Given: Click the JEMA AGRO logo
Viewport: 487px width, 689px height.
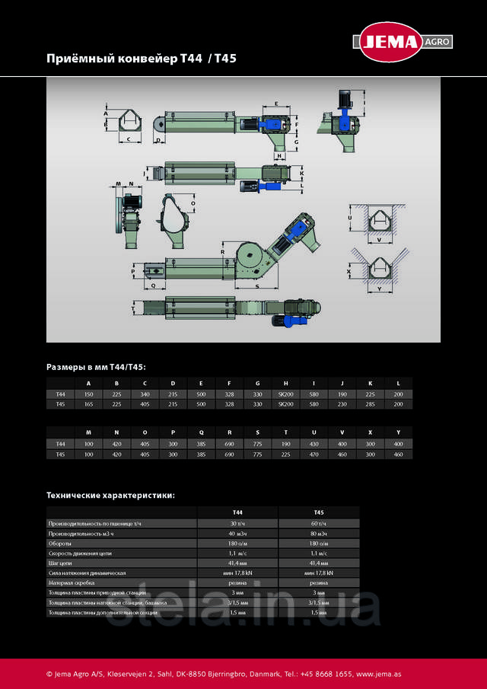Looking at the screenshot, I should (401, 42).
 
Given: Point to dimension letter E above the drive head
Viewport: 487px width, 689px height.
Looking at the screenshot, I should (275, 103).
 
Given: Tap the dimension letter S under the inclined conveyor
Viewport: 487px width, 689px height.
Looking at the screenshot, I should (256, 287).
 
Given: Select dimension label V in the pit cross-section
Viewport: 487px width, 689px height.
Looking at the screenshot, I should (378, 240).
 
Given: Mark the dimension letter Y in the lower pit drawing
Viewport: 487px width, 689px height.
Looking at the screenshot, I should (378, 289).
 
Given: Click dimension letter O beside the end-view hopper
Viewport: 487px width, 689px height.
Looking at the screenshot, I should (193, 204).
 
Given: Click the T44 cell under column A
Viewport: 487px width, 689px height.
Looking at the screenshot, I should (88, 394).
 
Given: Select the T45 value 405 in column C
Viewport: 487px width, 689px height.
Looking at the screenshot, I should (145, 404).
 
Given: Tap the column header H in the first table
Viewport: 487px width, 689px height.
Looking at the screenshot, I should (285, 382).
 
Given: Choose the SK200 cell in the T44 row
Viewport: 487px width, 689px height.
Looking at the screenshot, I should (285, 394).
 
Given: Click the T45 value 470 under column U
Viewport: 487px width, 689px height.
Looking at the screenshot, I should (314, 454).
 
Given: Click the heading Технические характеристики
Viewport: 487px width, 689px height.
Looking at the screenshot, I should (110, 495).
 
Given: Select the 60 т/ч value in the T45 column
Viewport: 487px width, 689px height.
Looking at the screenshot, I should (318, 523).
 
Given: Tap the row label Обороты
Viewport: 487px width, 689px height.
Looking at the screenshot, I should (60, 543).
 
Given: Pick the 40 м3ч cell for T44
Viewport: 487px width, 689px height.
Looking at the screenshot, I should (237, 533).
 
